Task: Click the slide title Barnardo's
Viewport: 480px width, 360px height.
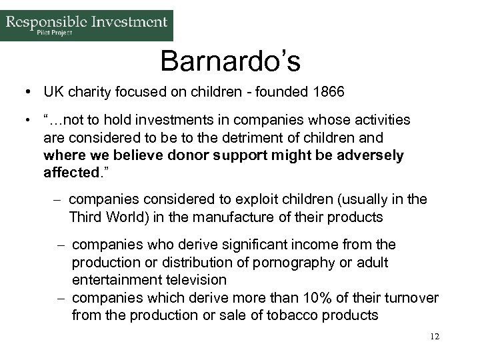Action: [231, 61]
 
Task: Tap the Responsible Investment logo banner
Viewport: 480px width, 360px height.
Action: [87, 25]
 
